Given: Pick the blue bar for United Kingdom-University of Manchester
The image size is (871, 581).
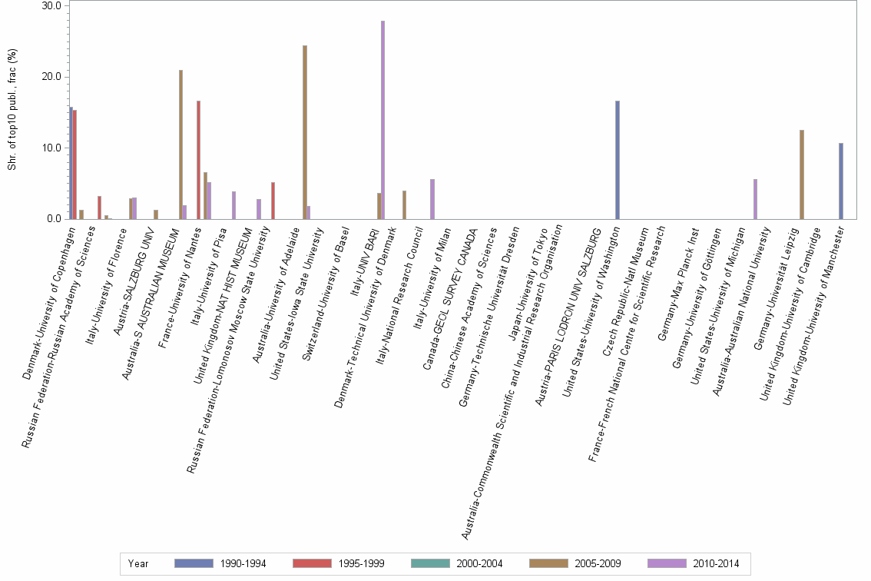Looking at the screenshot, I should [x=841, y=181].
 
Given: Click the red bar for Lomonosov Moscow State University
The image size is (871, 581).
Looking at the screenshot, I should [x=273, y=201].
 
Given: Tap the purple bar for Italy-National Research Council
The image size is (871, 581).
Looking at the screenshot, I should [x=432, y=199].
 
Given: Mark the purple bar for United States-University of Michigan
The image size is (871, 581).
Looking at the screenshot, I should [x=755, y=199].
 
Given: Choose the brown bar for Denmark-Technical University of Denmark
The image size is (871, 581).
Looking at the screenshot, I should [x=404, y=204].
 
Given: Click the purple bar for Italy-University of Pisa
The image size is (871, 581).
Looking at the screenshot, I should [x=233, y=205].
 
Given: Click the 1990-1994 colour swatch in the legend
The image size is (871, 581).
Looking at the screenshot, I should [x=193, y=563].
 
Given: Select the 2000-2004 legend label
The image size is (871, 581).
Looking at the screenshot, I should [x=479, y=563].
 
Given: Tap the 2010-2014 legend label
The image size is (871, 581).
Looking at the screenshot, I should [x=716, y=563].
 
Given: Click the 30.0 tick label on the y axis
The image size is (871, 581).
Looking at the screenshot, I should [x=51, y=5].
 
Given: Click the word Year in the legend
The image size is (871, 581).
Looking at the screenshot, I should [x=138, y=563].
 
